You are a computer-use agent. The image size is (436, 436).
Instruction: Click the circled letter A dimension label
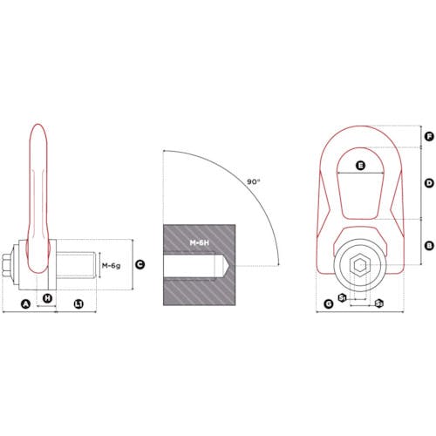(x=26, y=304)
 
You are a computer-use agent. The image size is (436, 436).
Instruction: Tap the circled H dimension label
(x=47, y=298)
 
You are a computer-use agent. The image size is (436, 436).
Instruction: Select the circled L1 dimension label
(x=78, y=304)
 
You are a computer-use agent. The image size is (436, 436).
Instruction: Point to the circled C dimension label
(x=140, y=264)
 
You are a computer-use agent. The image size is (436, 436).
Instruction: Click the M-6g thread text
(x=111, y=265)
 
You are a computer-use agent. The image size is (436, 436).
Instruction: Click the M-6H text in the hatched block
(x=200, y=242)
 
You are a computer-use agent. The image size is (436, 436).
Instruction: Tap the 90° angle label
(x=254, y=182)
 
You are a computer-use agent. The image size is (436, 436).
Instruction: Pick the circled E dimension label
(x=360, y=166)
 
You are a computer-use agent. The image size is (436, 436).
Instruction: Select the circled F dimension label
(x=429, y=136)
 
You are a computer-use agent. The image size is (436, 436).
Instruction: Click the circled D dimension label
(x=429, y=183)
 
